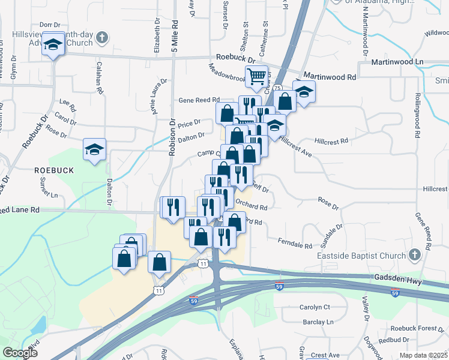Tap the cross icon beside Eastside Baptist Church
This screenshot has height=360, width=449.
tap(414, 256)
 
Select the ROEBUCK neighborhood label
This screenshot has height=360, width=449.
tap(53, 170)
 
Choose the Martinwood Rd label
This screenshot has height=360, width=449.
tap(330, 77)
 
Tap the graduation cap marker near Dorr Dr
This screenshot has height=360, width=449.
tap(53, 45)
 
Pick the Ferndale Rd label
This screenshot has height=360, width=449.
tap(295, 243)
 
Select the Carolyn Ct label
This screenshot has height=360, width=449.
tap(315, 307)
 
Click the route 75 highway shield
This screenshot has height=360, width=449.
tap(277, 88)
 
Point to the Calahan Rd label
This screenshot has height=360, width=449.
tap(98, 76)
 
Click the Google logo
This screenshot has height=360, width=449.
tap(20, 353)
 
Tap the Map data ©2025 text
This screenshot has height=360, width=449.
tap(423, 355)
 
